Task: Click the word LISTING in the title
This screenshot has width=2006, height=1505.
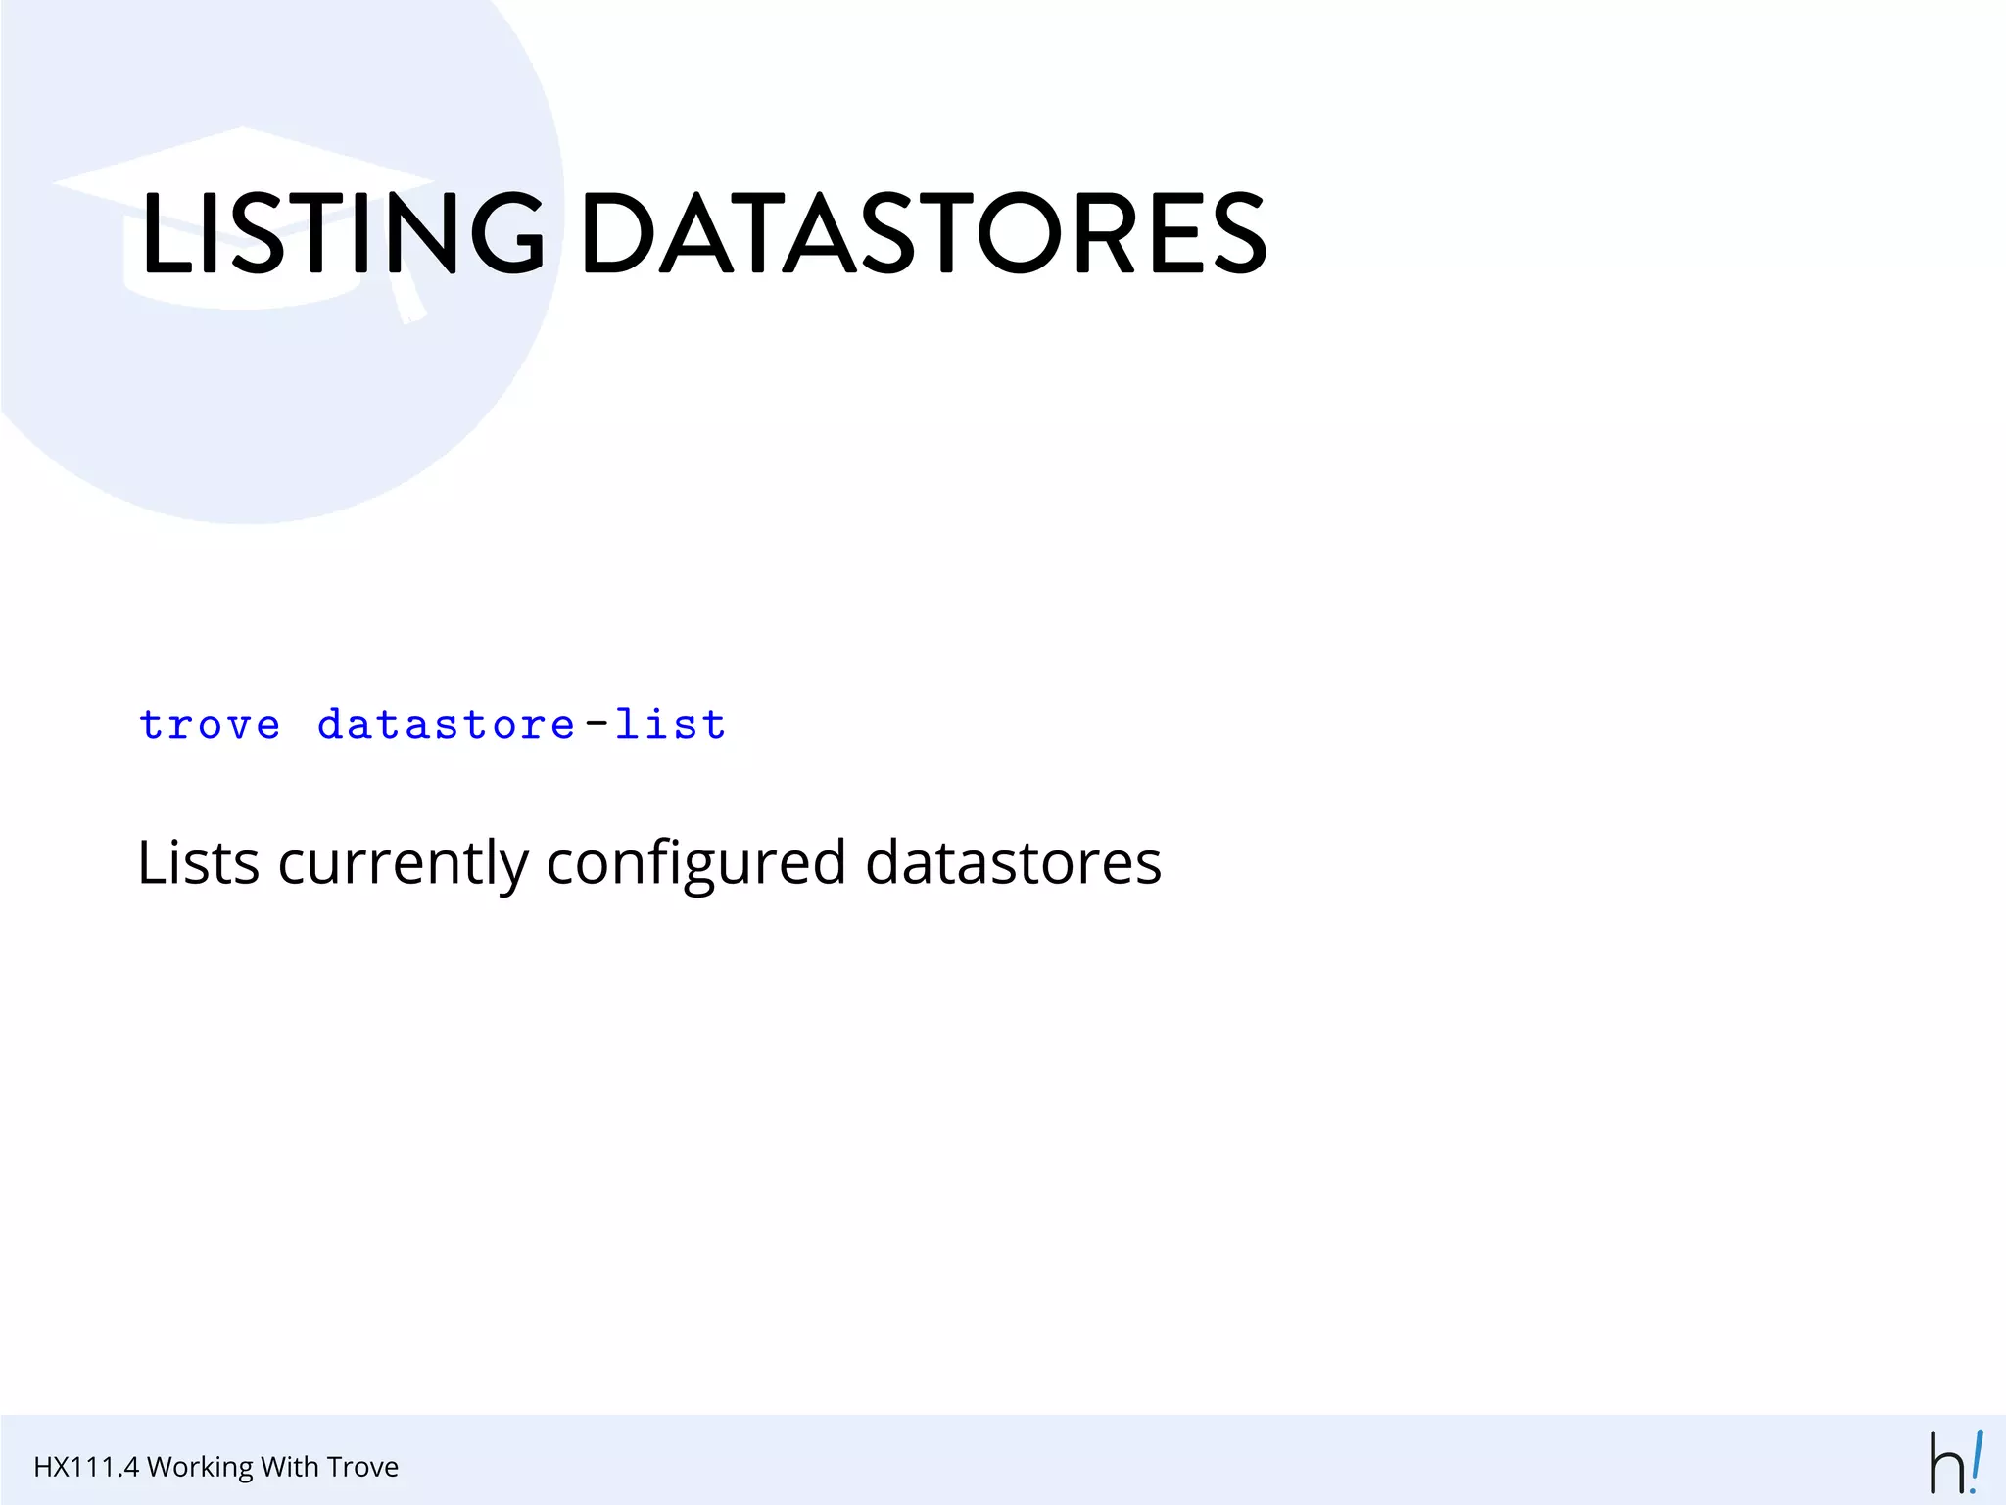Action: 343,232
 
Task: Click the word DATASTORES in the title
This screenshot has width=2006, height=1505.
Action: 924,232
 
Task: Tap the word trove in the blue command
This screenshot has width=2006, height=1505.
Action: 210,725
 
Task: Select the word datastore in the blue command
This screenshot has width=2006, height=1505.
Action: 446,725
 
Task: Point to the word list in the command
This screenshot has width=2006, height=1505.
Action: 671,724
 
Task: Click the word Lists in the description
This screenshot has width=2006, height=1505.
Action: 199,863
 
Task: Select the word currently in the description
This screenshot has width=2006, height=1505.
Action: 403,863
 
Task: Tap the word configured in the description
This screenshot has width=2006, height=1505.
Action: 695,863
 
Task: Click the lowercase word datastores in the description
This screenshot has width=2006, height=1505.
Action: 1013,863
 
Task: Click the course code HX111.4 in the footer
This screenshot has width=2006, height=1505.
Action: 86,1467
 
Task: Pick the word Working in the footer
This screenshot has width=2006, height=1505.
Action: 200,1467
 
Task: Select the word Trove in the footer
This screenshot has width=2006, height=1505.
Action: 362,1467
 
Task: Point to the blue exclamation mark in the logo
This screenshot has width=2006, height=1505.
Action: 1976,1460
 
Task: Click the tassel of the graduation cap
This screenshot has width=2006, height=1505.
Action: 407,299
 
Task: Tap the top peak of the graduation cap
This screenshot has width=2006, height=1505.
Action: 242,129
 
